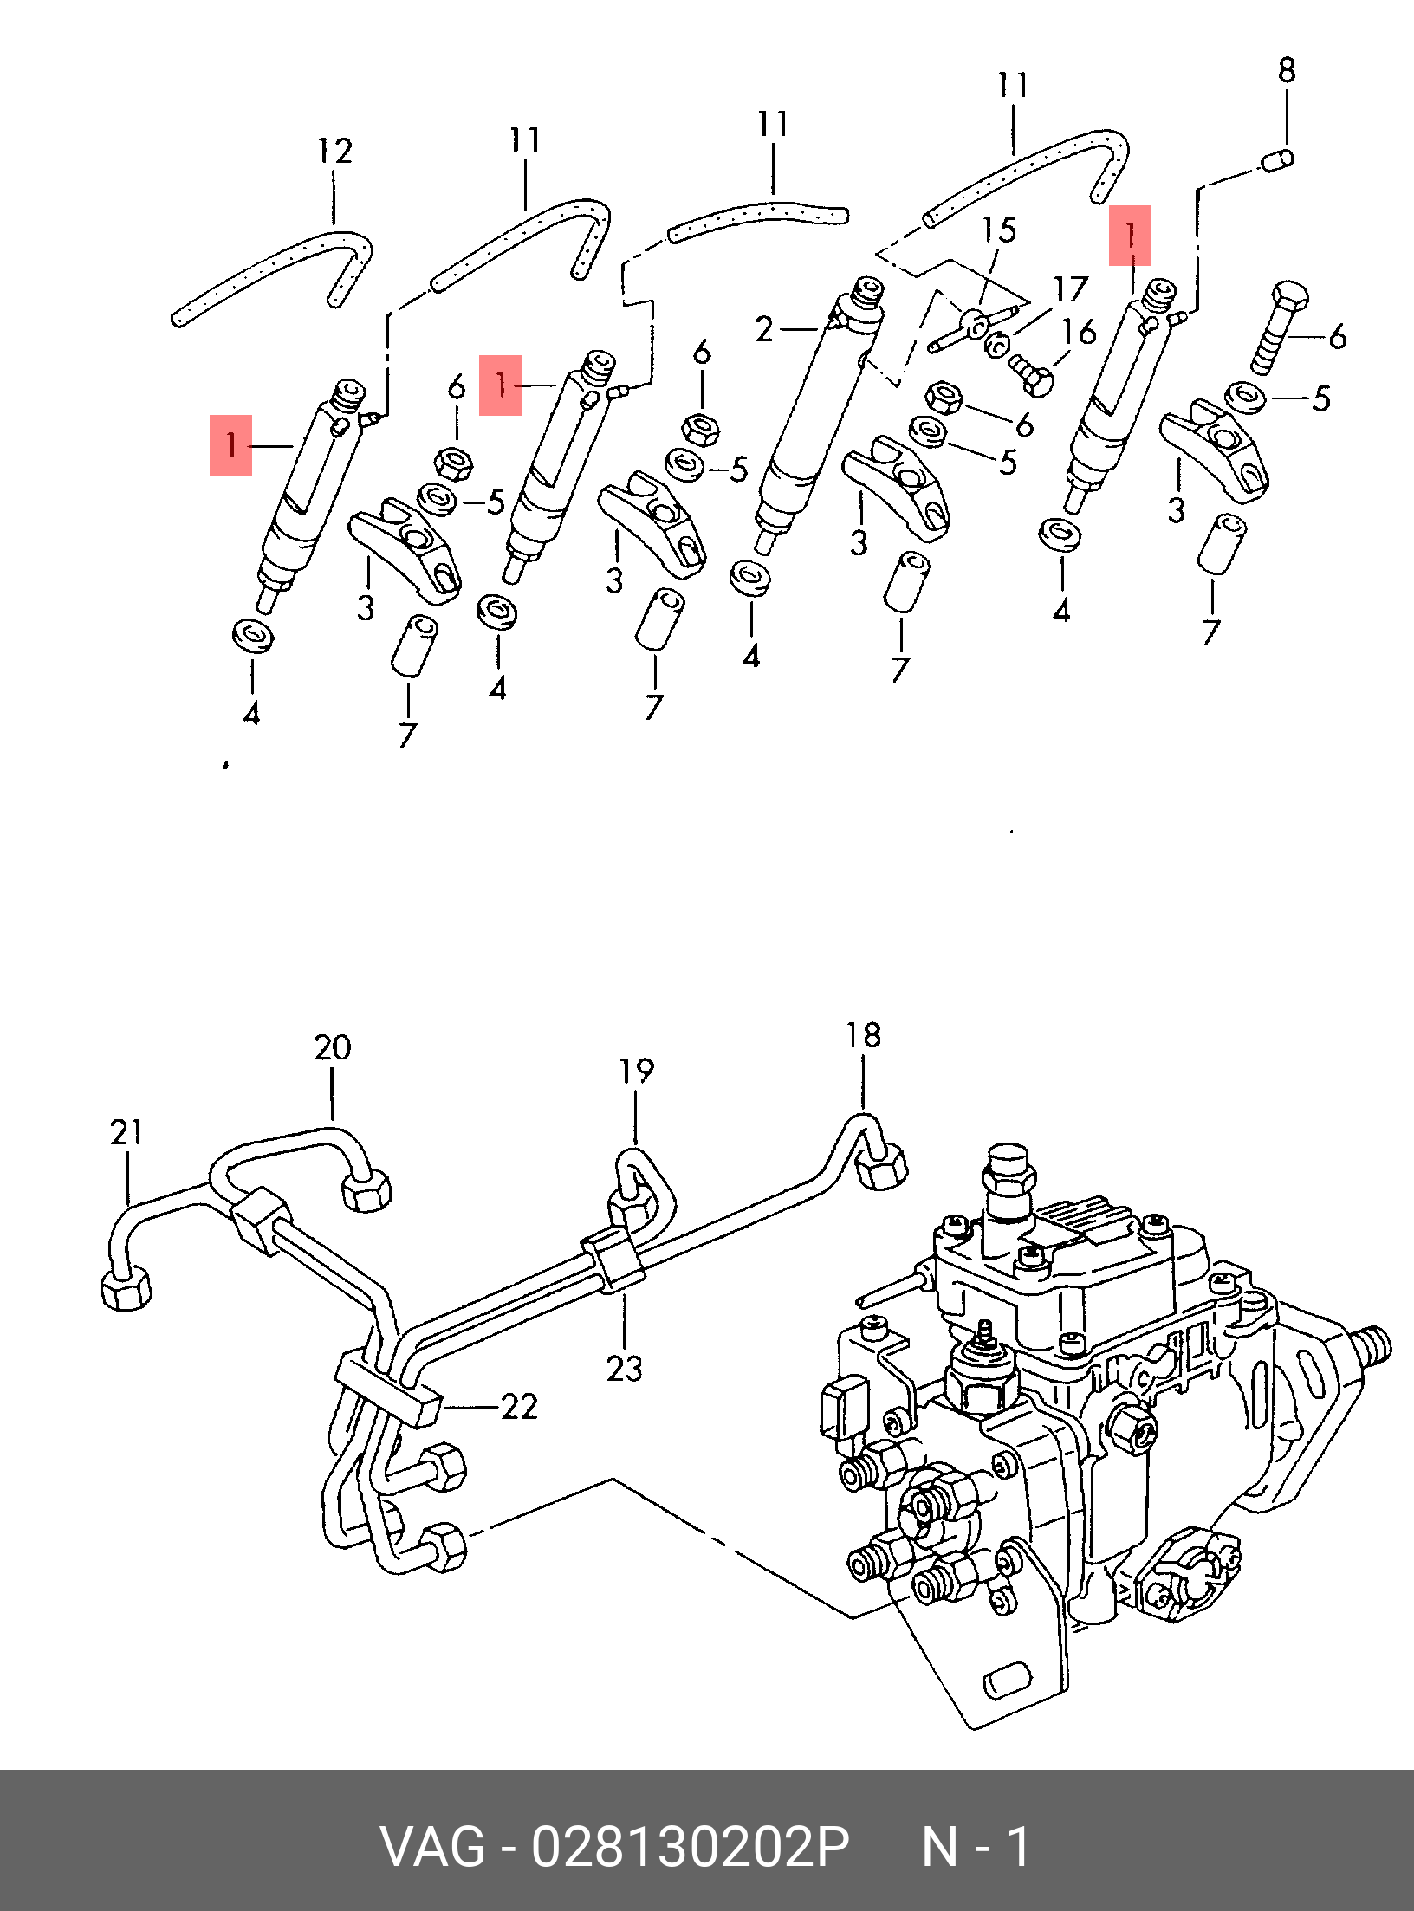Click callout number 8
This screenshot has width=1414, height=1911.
pos(1287,71)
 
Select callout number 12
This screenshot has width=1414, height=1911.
pos(334,152)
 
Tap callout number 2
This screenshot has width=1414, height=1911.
pos(763,329)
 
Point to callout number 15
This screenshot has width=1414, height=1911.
pos(998,230)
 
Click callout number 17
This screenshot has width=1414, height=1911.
pos(1070,289)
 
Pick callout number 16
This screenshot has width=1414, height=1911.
pos(1080,332)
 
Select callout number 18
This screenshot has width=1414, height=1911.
pos(863,1035)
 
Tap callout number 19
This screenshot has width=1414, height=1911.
pos(636,1072)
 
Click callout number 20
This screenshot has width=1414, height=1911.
pos(333,1048)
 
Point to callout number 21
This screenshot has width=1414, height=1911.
pos(126,1132)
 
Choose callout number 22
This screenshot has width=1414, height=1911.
pos(519,1407)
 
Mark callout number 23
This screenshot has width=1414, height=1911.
pos(624,1370)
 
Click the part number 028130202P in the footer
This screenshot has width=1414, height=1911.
pos(690,1847)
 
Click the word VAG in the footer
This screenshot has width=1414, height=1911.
pos(432,1847)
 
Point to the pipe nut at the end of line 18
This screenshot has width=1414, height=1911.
pos(881,1168)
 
